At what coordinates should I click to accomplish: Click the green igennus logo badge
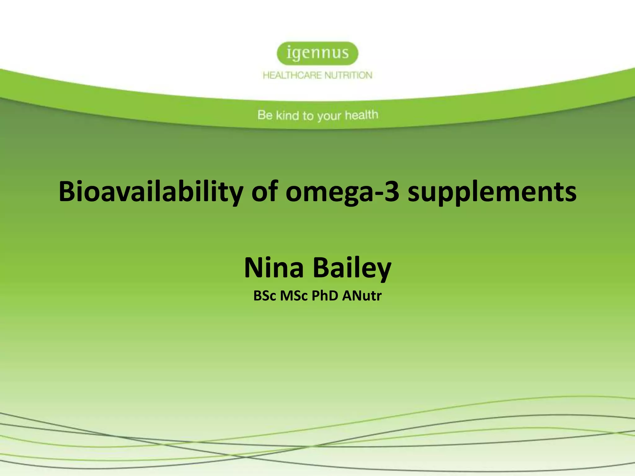pyautogui.click(x=317, y=53)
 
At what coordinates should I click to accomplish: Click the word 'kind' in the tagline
pyautogui.click(x=287, y=115)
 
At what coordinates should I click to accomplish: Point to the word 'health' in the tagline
pyautogui.click(x=362, y=115)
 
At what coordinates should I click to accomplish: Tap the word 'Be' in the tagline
pyautogui.click(x=265, y=115)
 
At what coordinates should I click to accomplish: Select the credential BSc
pyautogui.click(x=264, y=296)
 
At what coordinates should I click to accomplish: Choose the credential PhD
pyautogui.click(x=325, y=296)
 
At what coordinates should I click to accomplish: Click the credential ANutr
pyautogui.click(x=362, y=296)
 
